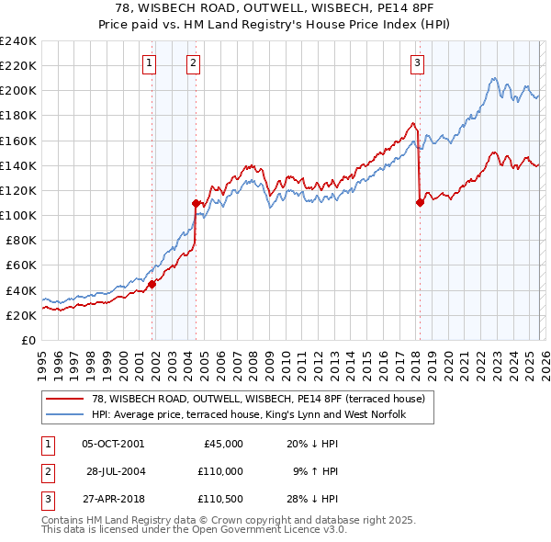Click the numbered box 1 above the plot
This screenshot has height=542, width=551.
pyautogui.click(x=149, y=63)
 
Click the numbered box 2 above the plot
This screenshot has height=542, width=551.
pyautogui.click(x=194, y=63)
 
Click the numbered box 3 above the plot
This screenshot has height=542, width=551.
pyautogui.click(x=417, y=63)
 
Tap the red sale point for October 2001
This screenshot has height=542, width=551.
pyautogui.click(x=152, y=284)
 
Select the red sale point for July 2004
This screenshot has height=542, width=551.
pyautogui.click(x=196, y=203)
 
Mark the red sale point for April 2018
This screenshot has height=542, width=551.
pyautogui.click(x=420, y=202)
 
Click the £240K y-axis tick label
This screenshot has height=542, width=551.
pyautogui.click(x=17, y=41)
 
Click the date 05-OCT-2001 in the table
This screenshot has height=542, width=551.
pyautogui.click(x=113, y=444)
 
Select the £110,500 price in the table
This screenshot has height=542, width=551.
pyautogui.click(x=219, y=499)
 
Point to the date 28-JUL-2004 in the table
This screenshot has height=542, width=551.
pyautogui.click(x=116, y=471)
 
